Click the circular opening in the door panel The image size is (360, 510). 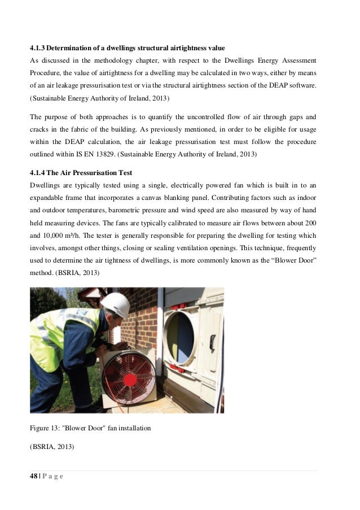tap(181, 335)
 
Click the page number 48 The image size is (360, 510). tap(34, 476)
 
